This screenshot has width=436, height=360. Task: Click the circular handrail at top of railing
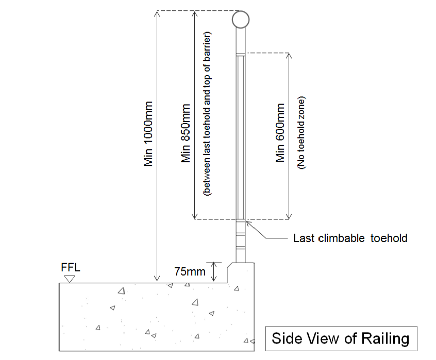point(240,20)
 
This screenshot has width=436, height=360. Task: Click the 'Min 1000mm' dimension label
point(149,133)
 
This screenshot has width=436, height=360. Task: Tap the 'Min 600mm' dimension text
point(281,133)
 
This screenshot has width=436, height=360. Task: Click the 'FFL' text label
point(70,269)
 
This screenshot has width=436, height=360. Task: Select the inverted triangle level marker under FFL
point(70,279)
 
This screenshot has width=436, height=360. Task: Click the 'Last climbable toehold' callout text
point(350,238)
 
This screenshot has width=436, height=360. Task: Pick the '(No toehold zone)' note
point(301,133)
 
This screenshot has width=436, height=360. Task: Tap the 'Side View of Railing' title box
point(340,338)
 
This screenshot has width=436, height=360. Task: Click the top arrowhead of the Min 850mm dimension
point(194,13)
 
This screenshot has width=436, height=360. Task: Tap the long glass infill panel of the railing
point(241,136)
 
